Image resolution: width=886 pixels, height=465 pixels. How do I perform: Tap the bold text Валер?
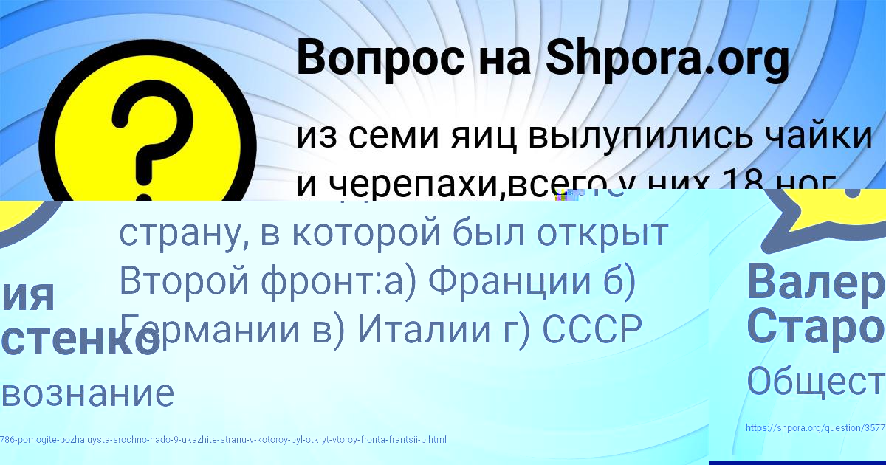(x=815, y=281)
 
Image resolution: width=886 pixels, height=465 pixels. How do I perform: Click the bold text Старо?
(x=815, y=327)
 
